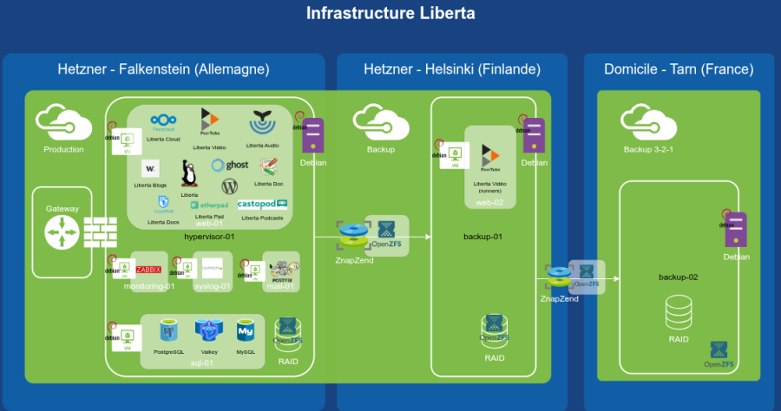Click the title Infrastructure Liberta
click(390, 14)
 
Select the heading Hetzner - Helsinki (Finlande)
click(451, 69)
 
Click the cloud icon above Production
click(63, 121)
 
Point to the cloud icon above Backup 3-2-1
click(648, 121)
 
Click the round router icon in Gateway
click(62, 233)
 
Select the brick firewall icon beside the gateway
click(100, 233)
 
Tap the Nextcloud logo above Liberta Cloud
click(164, 122)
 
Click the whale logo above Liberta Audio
click(262, 122)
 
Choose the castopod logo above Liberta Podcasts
click(263, 205)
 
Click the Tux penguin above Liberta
click(189, 173)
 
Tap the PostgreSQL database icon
click(169, 330)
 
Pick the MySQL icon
click(246, 330)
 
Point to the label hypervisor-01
click(209, 236)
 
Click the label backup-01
click(482, 236)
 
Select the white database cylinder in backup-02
click(679, 310)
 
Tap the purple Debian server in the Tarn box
click(736, 230)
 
